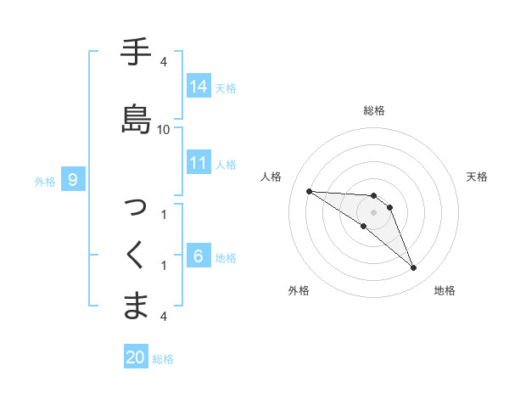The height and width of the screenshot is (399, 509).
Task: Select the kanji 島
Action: (137, 119)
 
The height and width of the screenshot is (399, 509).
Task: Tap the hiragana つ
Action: (137, 206)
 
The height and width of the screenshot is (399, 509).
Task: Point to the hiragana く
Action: (137, 255)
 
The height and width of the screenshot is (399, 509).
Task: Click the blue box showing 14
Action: (199, 87)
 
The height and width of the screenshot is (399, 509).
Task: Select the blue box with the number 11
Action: (199, 163)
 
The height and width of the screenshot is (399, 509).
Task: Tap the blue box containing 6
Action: (199, 256)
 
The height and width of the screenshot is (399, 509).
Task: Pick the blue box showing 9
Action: (74, 180)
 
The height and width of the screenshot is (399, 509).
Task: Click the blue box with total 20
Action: (136, 358)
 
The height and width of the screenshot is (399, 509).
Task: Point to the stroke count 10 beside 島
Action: (164, 129)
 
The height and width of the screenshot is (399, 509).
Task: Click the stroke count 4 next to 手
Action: (164, 62)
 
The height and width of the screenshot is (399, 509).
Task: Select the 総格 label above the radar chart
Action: (374, 110)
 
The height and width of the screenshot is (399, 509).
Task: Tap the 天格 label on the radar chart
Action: (477, 177)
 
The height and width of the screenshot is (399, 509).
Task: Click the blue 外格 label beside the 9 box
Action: (45, 181)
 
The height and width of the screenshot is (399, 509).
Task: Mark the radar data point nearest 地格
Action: (414, 268)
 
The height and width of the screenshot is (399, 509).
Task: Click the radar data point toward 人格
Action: (309, 191)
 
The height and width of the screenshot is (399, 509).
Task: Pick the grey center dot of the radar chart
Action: (374, 212)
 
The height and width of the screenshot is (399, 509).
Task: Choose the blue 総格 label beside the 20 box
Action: (163, 359)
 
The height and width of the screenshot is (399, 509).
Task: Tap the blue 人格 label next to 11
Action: (226, 164)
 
